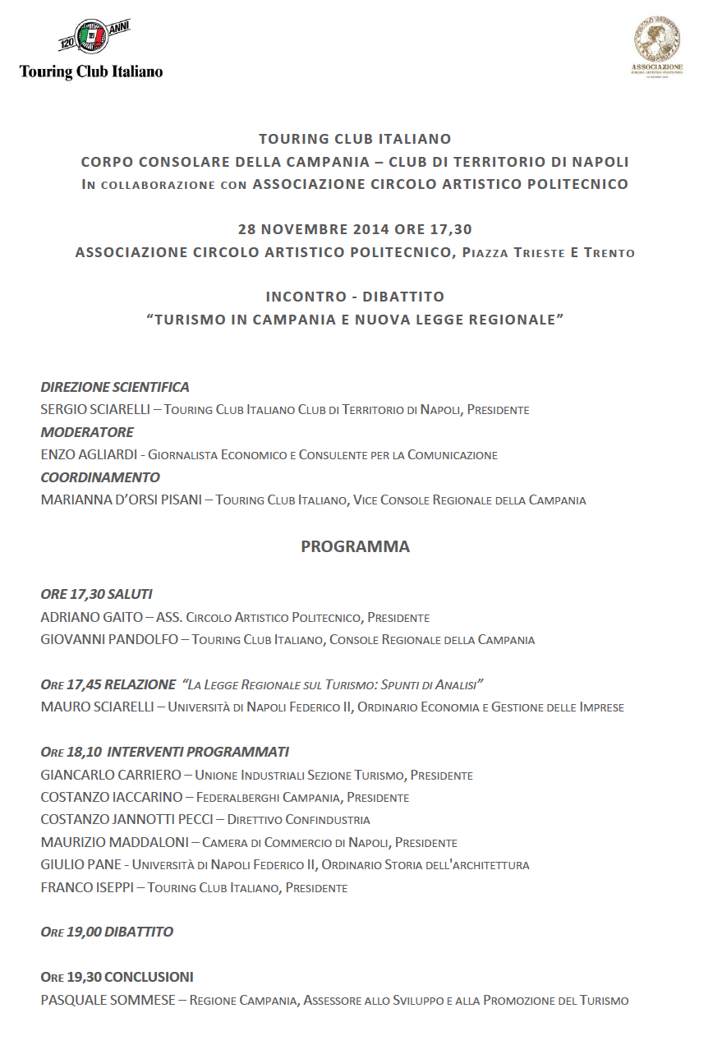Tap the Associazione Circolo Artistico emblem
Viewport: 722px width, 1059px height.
click(656, 47)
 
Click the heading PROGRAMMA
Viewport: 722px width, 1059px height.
click(355, 546)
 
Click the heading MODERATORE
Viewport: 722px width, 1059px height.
click(87, 432)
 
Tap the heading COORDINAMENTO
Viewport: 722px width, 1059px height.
click(100, 477)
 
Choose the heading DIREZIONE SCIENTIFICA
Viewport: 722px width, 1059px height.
click(115, 387)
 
